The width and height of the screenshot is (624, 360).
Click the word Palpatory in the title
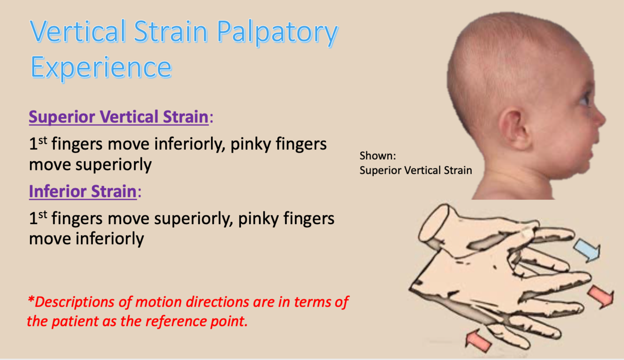click(277, 33)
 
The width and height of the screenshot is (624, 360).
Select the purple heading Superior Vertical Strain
click(119, 117)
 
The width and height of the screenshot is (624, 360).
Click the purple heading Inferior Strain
click(83, 191)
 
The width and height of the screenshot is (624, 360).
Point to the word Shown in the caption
click(377, 155)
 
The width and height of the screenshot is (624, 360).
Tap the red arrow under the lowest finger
click(478, 341)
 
